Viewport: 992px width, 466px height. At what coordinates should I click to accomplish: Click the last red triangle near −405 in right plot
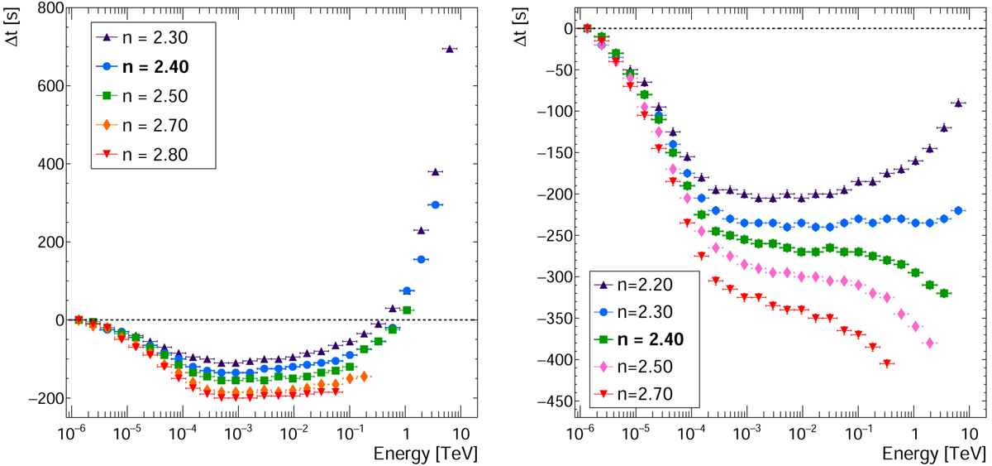click(x=887, y=363)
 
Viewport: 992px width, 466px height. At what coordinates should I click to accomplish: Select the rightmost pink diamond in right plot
click(x=930, y=343)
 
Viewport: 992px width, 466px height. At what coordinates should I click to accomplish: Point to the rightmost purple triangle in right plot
click(x=958, y=103)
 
